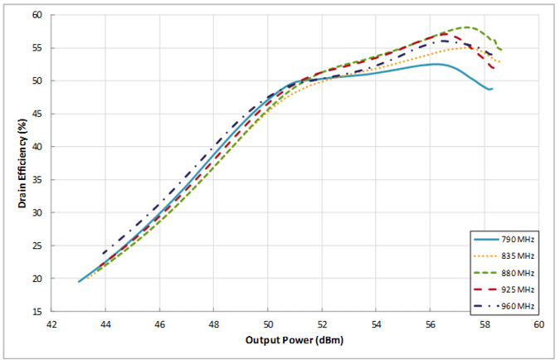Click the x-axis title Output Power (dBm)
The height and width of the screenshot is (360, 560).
point(295,341)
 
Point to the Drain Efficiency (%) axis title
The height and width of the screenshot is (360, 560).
point(12,163)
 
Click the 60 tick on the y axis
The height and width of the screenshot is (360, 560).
point(38,15)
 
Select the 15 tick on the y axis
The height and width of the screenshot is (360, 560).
point(38,312)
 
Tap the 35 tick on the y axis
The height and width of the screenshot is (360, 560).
point(38,180)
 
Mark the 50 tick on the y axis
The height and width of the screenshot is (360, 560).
point(38,81)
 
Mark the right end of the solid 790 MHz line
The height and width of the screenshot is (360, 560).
point(492,89)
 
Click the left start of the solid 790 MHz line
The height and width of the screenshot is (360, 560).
point(79,282)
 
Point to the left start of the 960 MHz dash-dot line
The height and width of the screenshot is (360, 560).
point(103,253)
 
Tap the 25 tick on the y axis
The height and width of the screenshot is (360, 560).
point(38,246)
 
